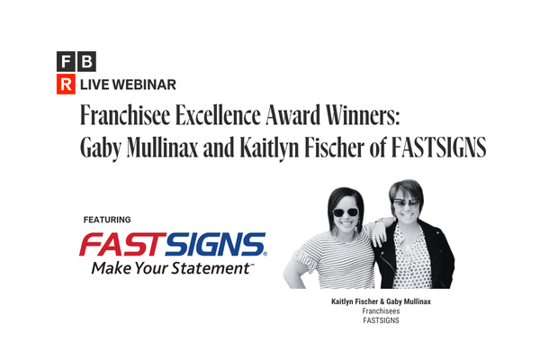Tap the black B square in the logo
86,63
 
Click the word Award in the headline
306,116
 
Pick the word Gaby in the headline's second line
102,148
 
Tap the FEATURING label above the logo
107,220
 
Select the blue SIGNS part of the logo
215,244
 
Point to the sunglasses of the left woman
344,212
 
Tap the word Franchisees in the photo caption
382,310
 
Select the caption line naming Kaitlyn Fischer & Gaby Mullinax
382,301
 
